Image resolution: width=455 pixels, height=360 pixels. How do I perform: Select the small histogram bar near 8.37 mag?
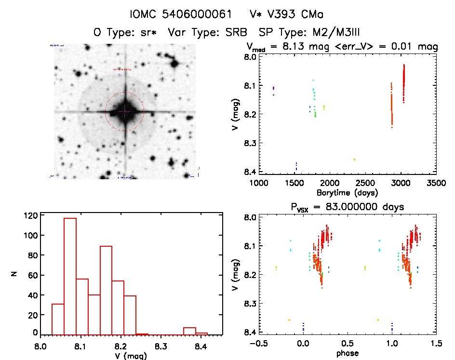[x=189, y=331]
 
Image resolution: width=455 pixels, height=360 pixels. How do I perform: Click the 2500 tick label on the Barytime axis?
[x=365, y=183]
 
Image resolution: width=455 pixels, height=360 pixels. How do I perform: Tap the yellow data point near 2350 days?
[x=354, y=160]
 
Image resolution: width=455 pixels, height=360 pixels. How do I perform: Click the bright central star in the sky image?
[x=125, y=111]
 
